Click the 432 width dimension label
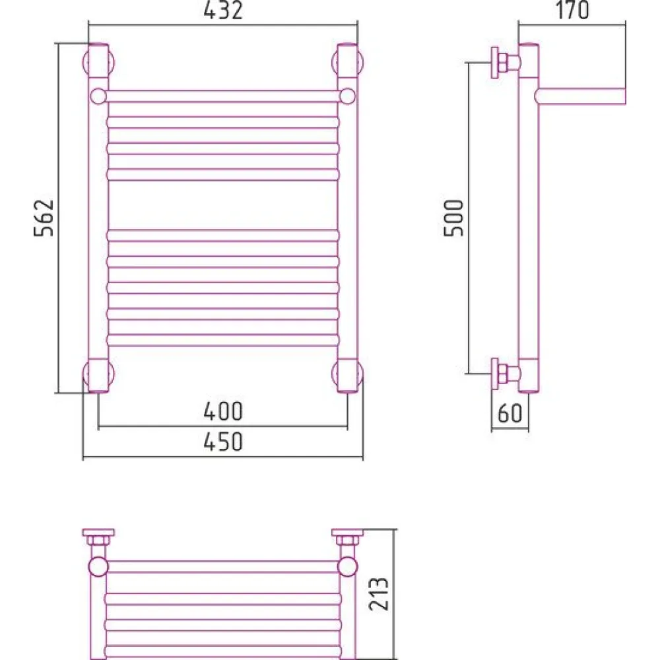[223, 11]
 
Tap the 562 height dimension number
[44, 218]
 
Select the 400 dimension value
[223, 411]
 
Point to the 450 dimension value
[223, 442]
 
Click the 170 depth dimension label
[572, 10]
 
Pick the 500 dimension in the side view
[454, 218]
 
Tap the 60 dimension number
[510, 413]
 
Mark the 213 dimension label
[378, 594]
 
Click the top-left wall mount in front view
[98, 62]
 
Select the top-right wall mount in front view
[347, 62]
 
